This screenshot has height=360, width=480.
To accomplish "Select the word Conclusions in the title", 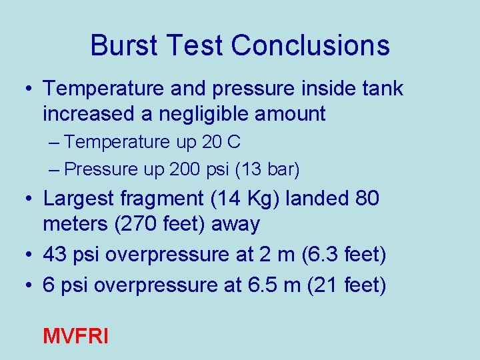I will pos(311,46).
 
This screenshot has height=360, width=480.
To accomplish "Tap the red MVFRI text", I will pos(75,335).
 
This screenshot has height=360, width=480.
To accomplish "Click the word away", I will pos(235,225).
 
